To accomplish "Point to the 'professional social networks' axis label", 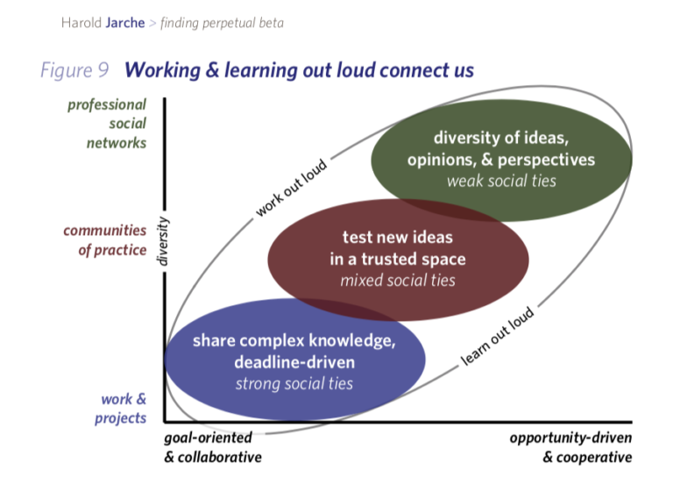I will click(x=106, y=124).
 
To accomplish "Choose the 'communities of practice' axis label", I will click(x=104, y=239).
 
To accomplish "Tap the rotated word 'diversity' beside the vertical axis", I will click(x=161, y=240).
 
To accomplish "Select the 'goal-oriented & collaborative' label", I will click(x=213, y=447).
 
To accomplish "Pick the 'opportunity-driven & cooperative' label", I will click(x=570, y=447).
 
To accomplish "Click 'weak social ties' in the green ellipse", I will click(x=500, y=182).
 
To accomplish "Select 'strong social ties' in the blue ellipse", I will click(x=294, y=383).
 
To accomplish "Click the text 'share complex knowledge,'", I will click(x=294, y=341).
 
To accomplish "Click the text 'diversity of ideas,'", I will click(x=500, y=139).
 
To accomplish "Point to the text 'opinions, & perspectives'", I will click(x=500, y=160).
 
